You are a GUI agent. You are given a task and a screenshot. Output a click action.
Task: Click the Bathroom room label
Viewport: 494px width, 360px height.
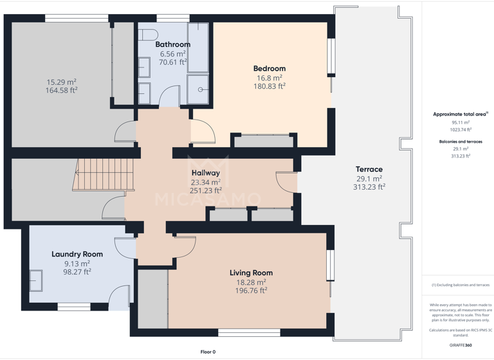[172, 44]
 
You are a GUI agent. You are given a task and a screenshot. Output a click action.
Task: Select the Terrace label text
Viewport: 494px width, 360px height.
[369, 169]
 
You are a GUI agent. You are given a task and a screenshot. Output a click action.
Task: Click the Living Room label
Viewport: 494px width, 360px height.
[251, 273]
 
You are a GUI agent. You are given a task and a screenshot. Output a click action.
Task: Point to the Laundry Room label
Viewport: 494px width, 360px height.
[77, 255]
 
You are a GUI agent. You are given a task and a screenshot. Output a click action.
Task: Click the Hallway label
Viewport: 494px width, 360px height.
[205, 173]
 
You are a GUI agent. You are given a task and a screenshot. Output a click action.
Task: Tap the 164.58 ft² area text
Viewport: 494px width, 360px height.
[61, 91]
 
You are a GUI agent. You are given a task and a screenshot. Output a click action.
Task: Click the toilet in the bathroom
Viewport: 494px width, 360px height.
[147, 35]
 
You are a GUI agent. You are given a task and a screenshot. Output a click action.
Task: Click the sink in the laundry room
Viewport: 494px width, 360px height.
[36, 281]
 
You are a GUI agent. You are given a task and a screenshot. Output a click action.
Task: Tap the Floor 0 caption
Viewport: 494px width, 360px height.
[208, 352]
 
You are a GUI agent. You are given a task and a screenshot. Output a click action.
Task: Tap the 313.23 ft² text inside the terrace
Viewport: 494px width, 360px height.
[369, 187]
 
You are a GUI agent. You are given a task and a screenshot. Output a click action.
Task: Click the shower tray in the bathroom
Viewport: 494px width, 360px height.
[199, 89]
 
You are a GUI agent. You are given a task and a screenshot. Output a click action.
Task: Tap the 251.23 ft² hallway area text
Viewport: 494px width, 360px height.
[205, 190]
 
